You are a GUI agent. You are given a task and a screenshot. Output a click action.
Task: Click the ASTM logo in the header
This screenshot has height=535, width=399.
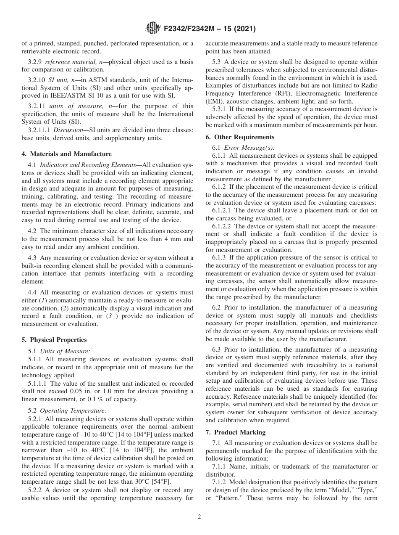152,29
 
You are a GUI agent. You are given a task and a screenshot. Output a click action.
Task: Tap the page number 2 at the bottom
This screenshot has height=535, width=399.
199,517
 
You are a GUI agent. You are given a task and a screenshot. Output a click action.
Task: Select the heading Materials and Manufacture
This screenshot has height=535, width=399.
67,154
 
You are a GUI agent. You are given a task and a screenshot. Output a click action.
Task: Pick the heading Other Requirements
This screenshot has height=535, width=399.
240,137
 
